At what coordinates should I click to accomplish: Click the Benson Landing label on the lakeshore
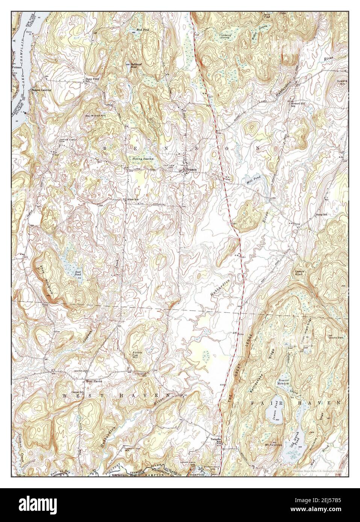click(41, 90)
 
